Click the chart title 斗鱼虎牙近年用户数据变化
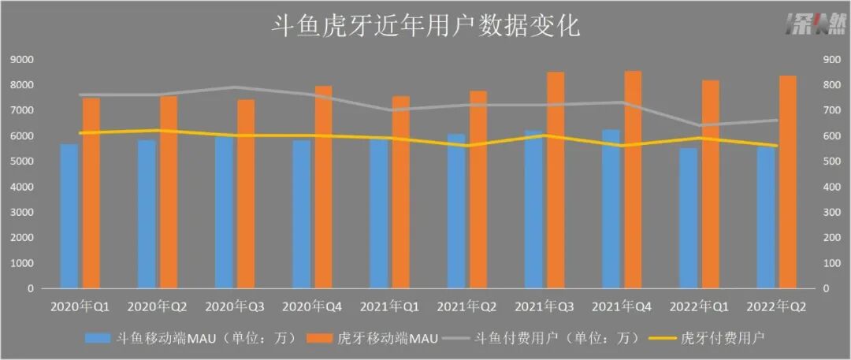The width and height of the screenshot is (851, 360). (x=425, y=27)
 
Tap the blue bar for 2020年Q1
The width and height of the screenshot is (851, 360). (x=69, y=216)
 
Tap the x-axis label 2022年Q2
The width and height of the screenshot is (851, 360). (x=777, y=305)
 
